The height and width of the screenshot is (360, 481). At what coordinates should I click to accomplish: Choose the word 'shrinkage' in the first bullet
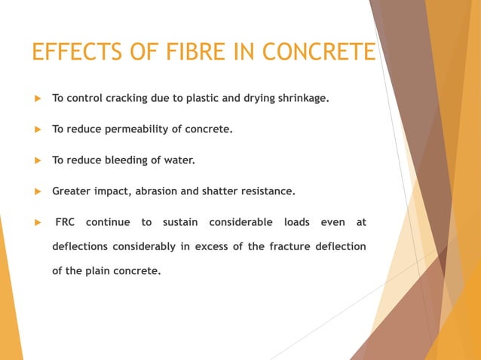300,98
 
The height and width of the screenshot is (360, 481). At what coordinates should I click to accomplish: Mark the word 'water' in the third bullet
179,160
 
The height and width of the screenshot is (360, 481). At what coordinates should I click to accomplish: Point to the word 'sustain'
179,222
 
